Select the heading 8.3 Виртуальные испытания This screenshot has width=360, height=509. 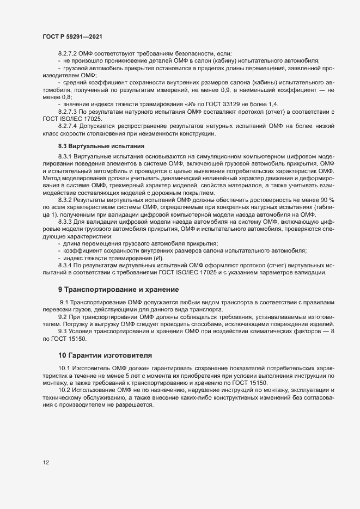click(101, 146)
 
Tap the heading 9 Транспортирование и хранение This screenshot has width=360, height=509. click(118, 289)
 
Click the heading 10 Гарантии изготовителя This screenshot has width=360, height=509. click(105, 355)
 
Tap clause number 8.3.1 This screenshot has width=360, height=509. click(65, 157)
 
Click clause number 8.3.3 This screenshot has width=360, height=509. click(65, 222)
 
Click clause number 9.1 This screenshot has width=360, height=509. click(64, 302)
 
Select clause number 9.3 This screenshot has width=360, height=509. click(63, 331)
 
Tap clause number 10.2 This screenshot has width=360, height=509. click(65, 391)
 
